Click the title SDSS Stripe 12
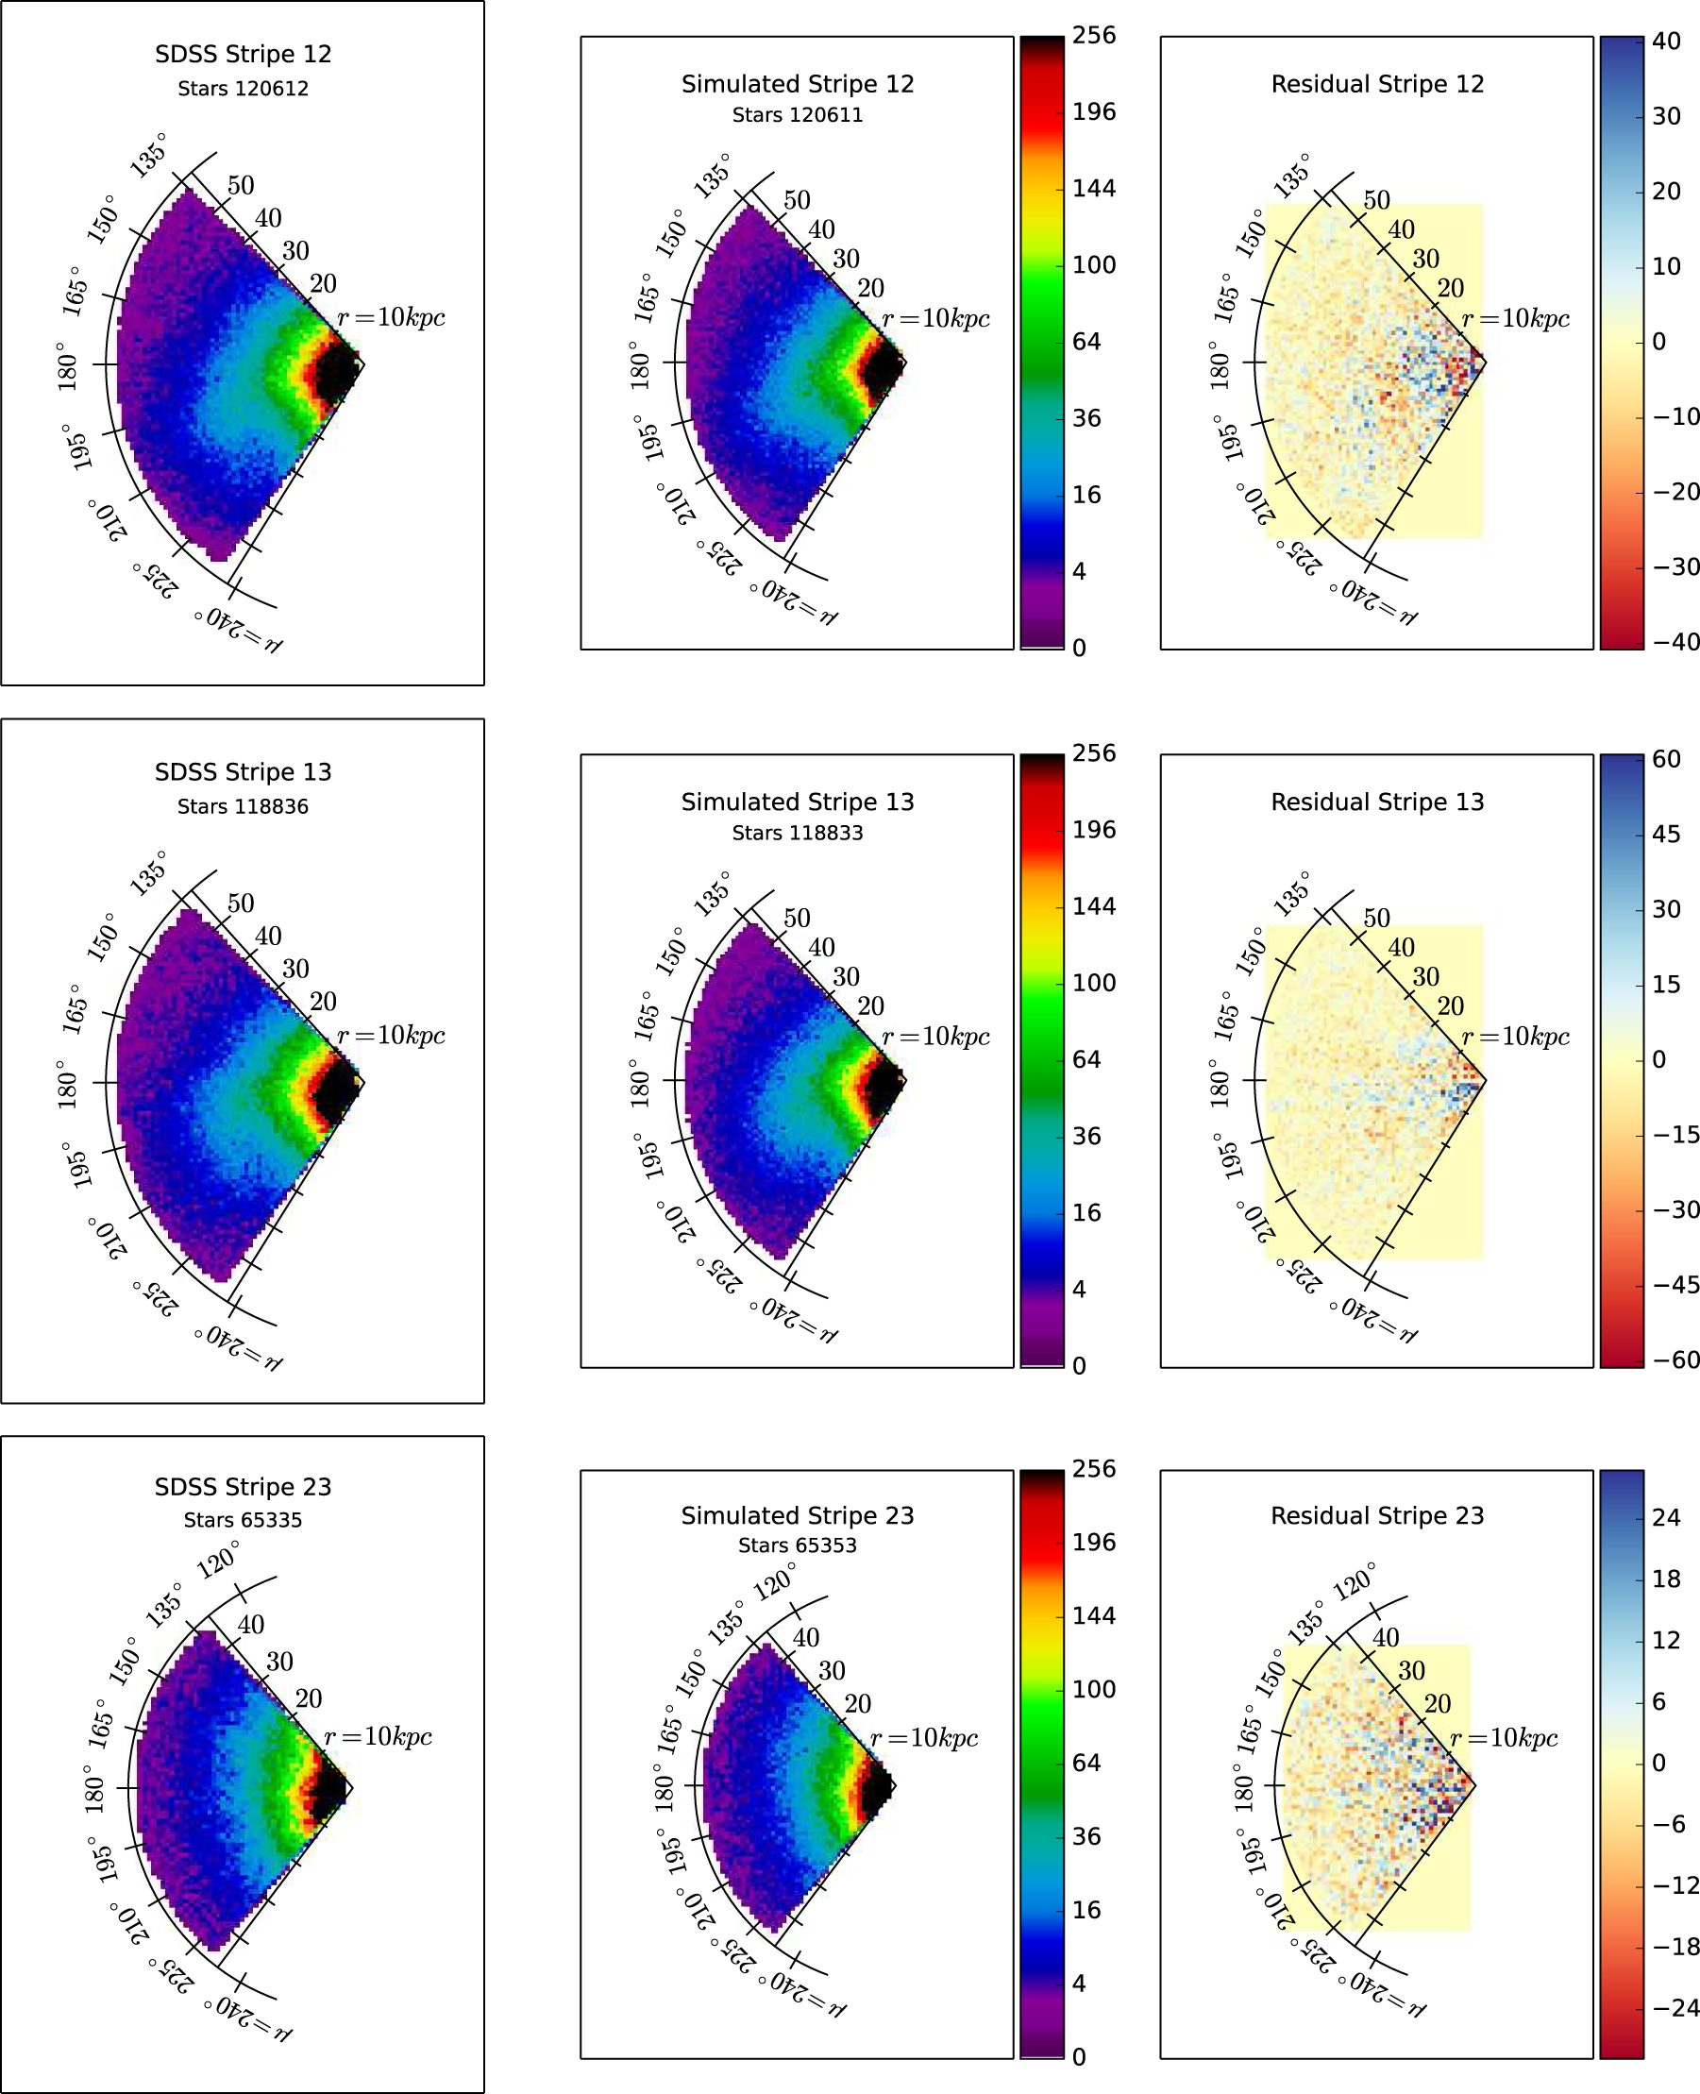pyautogui.click(x=243, y=54)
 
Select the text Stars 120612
pyautogui.click(x=243, y=88)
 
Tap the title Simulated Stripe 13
pyautogui.click(x=797, y=802)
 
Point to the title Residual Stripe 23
pyautogui.click(x=1377, y=1515)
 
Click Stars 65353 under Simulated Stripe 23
pyautogui.click(x=797, y=1545)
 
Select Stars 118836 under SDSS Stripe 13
pyautogui.click(x=243, y=806)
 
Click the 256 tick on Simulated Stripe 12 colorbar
pyautogui.click(x=1093, y=35)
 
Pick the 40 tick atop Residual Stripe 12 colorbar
pyautogui.click(x=1666, y=41)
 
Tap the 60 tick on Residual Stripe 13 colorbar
pyautogui.click(x=1666, y=758)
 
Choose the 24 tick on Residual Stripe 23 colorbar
pyautogui.click(x=1666, y=1517)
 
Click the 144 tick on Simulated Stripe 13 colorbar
pyautogui.click(x=1093, y=905)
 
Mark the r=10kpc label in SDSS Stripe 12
pyautogui.click(x=391, y=317)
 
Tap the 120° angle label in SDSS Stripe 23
pyautogui.click(x=217, y=1560)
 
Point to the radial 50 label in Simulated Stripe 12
pyautogui.click(x=796, y=200)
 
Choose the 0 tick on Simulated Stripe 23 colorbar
pyautogui.click(x=1078, y=2057)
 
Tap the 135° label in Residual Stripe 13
pyautogui.click(x=1290, y=894)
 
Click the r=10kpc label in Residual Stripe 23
pyautogui.click(x=1502, y=1737)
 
